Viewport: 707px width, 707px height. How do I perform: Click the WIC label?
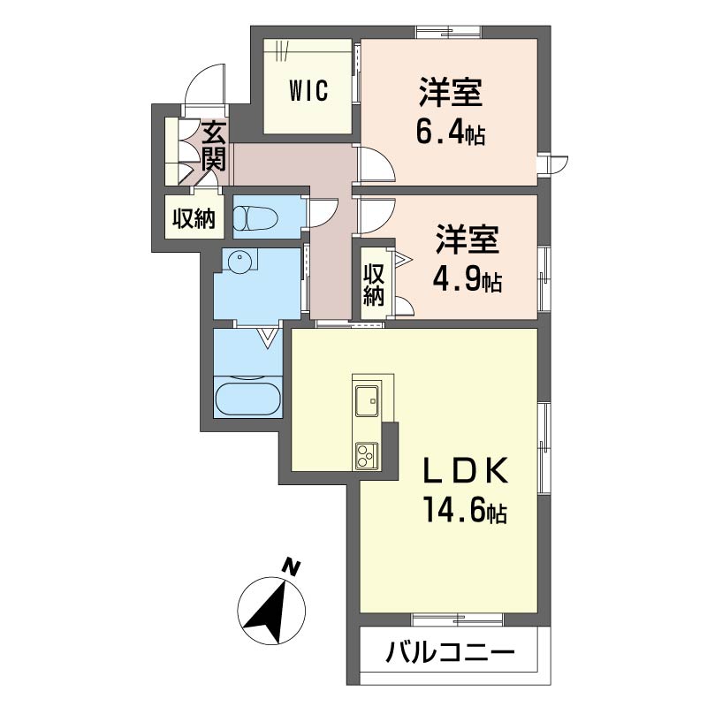pos(308,90)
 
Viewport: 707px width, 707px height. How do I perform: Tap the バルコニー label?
pos(450,655)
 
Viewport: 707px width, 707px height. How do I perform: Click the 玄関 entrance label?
pos(215,147)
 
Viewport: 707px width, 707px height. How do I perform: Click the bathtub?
pos(247,397)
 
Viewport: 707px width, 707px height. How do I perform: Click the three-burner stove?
pos(366,456)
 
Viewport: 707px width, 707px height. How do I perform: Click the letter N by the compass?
pos(290,566)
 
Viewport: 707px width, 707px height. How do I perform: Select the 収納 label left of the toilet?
pos(194,218)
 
